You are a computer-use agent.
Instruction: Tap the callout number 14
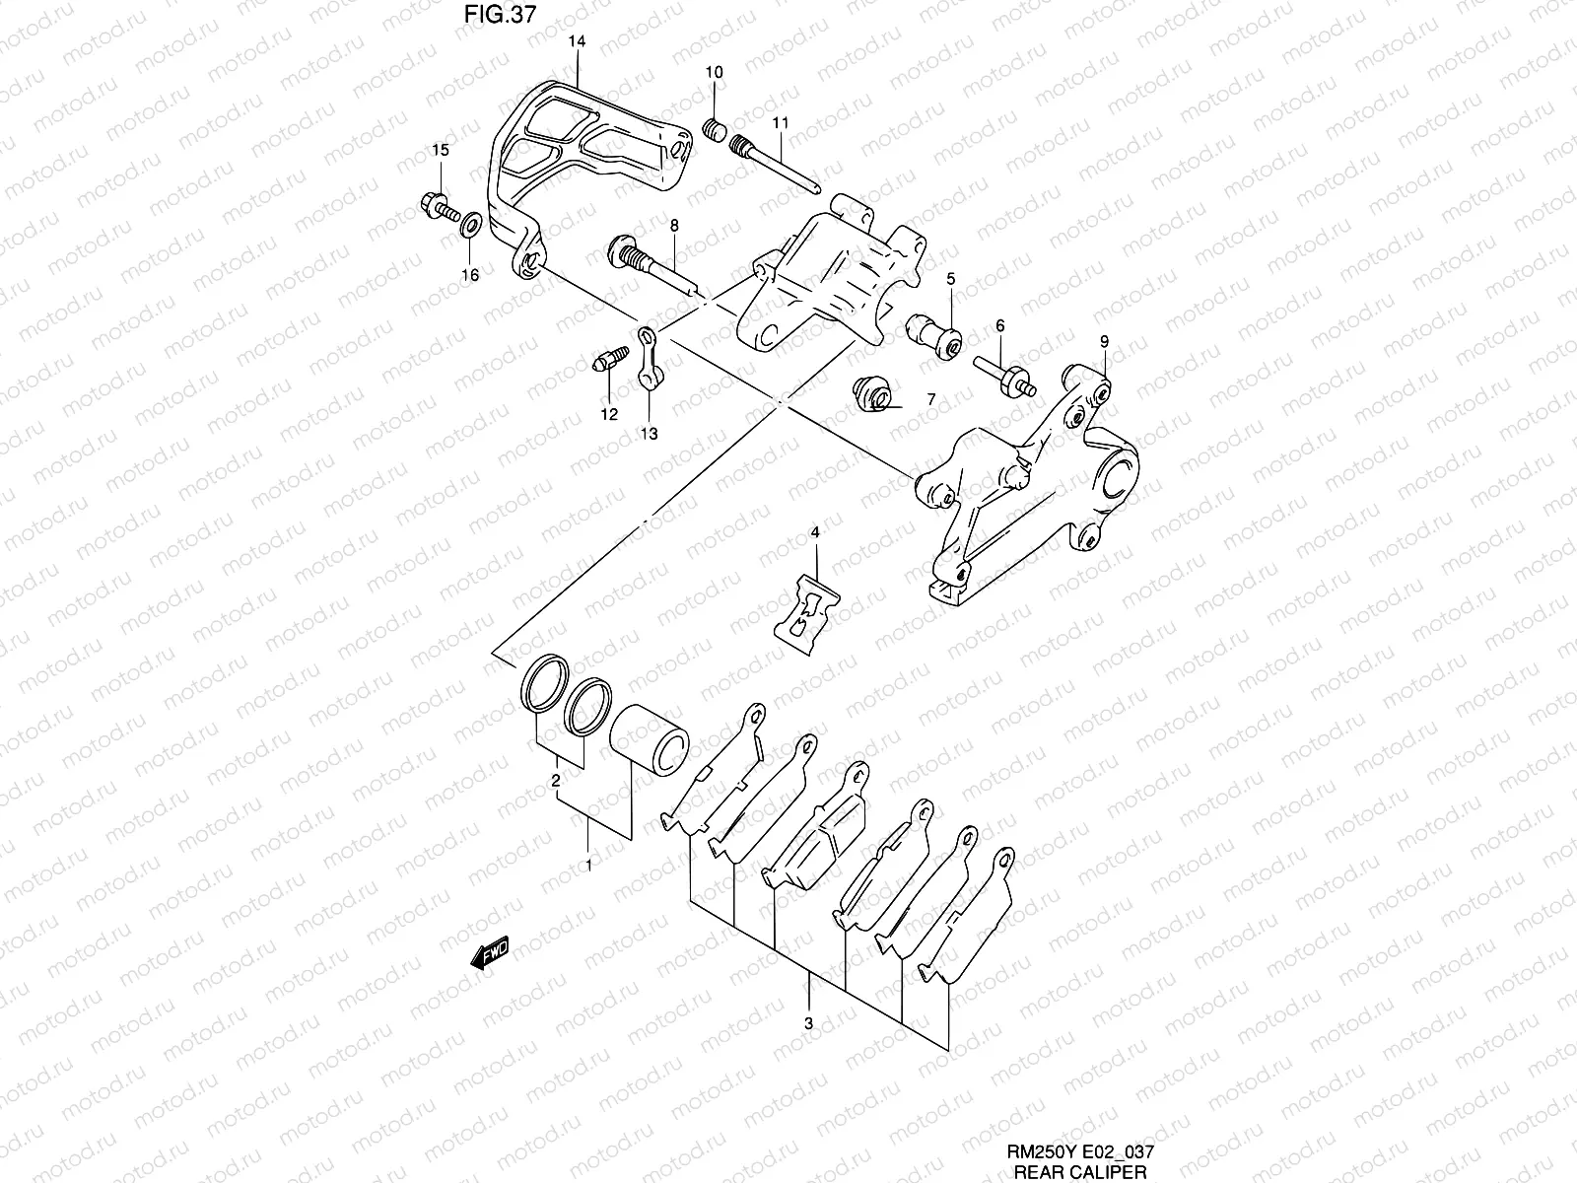(x=577, y=41)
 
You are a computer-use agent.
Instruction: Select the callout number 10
(x=715, y=72)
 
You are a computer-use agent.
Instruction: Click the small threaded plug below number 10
(x=716, y=128)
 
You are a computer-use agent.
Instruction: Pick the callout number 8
(x=674, y=226)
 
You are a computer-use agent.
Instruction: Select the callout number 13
(x=650, y=433)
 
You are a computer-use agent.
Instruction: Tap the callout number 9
(x=1104, y=341)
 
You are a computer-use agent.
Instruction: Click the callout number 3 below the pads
(x=808, y=1024)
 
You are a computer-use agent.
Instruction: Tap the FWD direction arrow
(x=490, y=953)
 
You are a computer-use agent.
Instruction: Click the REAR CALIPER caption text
(x=1080, y=1172)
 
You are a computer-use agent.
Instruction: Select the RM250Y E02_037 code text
(x=1080, y=1151)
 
